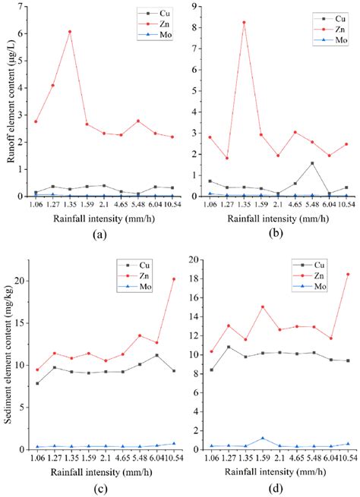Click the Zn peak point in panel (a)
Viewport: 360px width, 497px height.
(x=70, y=32)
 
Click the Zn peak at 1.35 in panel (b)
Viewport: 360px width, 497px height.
(x=244, y=23)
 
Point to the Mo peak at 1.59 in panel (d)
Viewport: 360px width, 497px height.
(x=262, y=438)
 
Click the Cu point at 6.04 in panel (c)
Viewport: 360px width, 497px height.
(x=156, y=355)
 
